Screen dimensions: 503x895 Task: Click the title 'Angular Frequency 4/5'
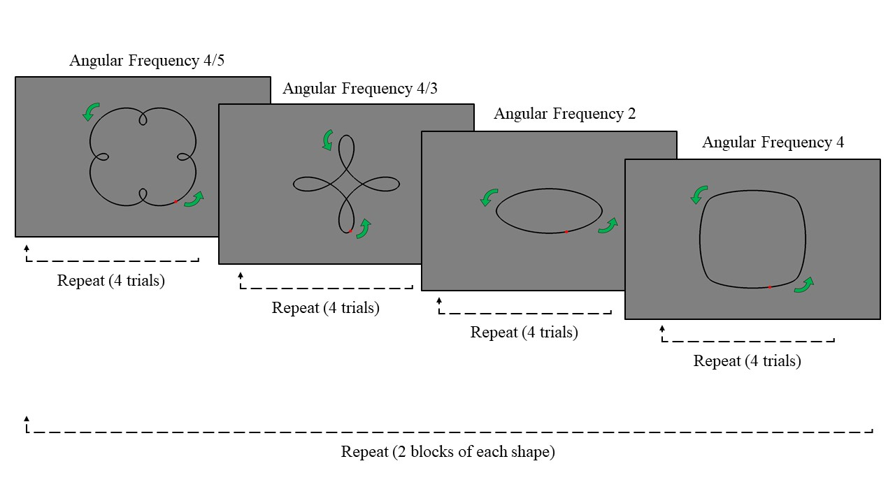point(146,61)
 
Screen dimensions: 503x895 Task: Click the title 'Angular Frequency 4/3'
point(360,89)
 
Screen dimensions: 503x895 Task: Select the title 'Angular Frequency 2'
point(564,114)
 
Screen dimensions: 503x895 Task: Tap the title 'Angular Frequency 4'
point(773,143)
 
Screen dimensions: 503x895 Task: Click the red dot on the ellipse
point(566,232)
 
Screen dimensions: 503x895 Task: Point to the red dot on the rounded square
point(769,287)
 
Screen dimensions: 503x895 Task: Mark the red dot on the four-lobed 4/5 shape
point(176,202)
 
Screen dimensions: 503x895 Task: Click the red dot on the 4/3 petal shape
point(350,232)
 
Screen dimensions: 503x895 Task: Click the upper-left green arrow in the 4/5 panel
point(91,111)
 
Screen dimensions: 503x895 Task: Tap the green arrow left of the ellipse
point(489,197)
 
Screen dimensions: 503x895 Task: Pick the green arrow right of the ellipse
point(608,225)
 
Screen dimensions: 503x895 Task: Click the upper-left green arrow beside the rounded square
point(699,194)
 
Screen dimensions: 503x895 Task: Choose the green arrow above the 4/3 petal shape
point(327,140)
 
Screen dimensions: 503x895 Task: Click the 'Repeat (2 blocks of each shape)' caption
point(447,452)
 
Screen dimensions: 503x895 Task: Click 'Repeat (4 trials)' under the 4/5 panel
point(111,282)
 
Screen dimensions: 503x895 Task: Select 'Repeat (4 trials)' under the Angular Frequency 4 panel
point(747,361)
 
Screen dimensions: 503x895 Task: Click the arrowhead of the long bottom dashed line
point(27,418)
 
